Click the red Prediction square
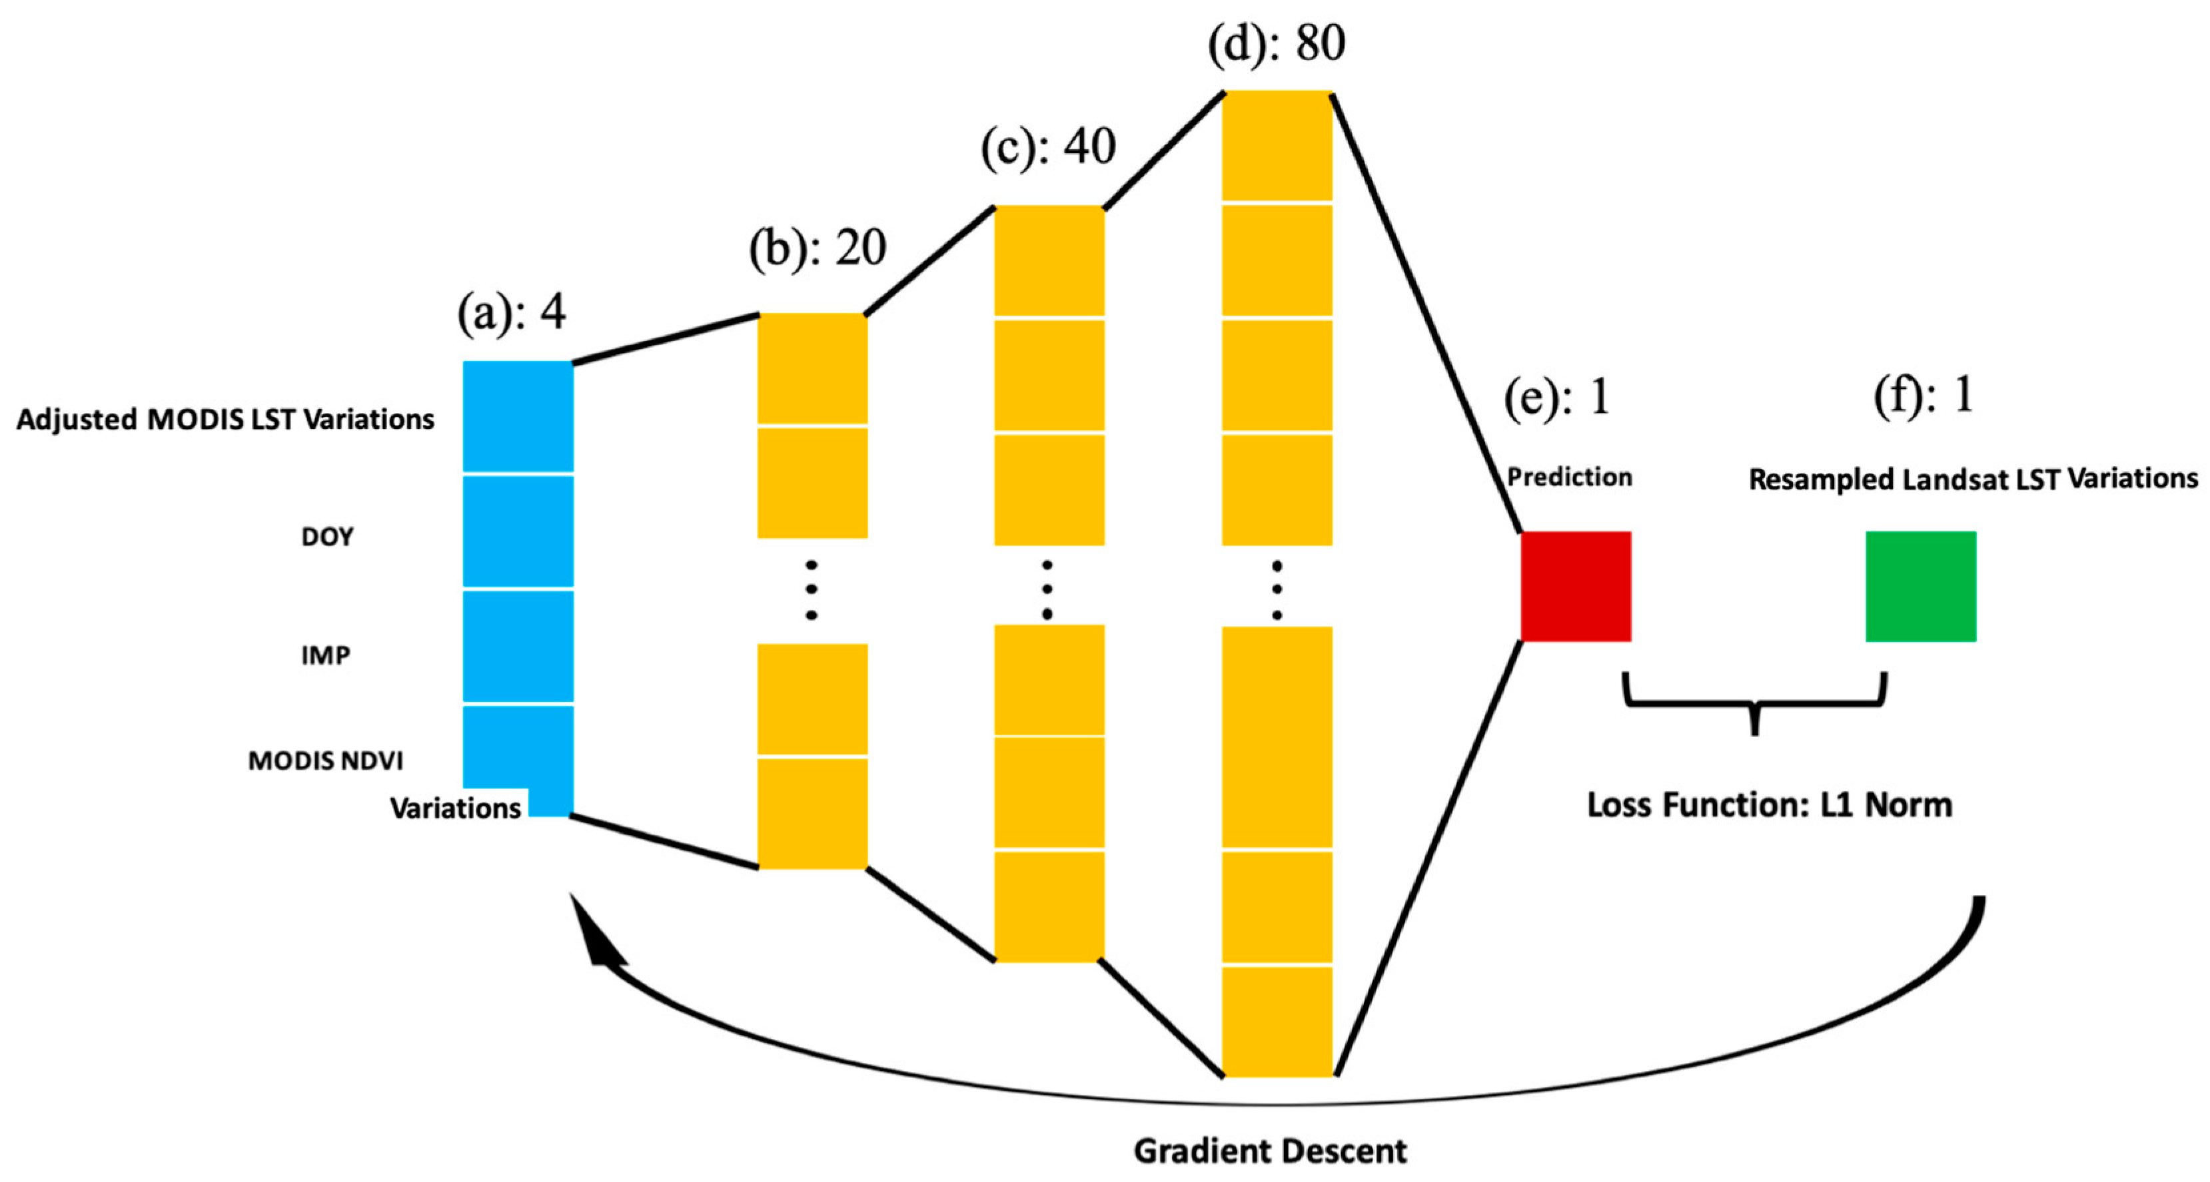(x=1575, y=586)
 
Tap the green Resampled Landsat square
(x=1920, y=586)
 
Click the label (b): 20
(x=817, y=248)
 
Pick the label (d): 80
(x=1276, y=43)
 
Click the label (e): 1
(x=1556, y=397)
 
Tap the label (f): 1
(x=1924, y=396)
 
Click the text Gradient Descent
(x=1270, y=1150)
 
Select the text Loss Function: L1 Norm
(x=1769, y=804)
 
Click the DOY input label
(x=327, y=537)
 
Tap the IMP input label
(x=325, y=655)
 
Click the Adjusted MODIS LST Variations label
(x=225, y=420)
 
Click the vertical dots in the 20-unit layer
(x=811, y=590)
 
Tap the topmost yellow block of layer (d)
(x=1277, y=146)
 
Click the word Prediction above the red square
(x=1569, y=477)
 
